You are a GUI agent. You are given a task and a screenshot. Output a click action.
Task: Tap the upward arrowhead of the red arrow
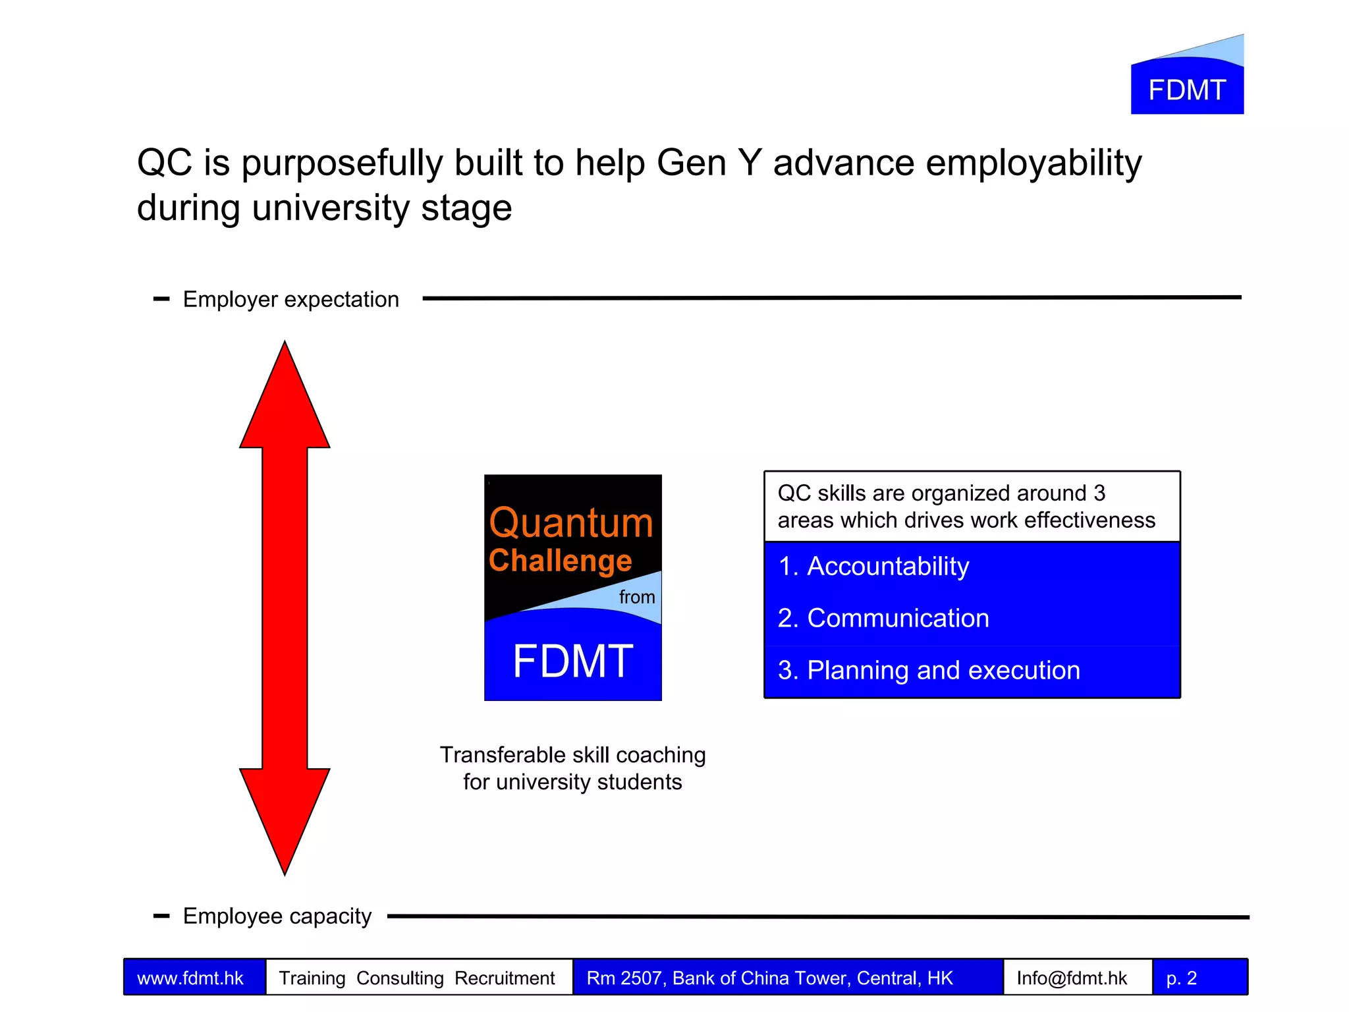point(285,402)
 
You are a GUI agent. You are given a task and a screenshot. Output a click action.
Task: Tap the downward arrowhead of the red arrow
point(285,817)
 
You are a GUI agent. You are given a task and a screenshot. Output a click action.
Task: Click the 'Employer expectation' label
point(290,300)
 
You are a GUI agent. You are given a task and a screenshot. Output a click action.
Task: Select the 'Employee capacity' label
point(277,916)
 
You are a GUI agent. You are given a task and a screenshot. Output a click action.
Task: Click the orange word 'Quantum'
point(570,523)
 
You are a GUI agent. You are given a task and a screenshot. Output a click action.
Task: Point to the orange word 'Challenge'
point(560,561)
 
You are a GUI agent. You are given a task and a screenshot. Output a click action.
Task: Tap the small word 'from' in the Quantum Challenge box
point(636,597)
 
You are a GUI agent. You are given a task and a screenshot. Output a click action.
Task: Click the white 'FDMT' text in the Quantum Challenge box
point(573,661)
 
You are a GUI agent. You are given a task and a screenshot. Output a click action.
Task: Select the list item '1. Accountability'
point(873,567)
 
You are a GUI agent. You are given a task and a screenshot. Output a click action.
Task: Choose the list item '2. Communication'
point(883,619)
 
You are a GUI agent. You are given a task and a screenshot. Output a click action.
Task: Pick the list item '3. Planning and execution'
point(929,671)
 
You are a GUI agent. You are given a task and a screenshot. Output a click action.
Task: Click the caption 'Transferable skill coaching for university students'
point(572,768)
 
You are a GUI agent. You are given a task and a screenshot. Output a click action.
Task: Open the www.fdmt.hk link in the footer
point(190,978)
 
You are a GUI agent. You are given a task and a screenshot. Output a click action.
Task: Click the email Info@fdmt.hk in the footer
point(1072,978)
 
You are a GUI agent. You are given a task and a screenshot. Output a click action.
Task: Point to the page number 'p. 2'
point(1181,978)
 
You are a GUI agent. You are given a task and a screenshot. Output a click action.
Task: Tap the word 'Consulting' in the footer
point(400,978)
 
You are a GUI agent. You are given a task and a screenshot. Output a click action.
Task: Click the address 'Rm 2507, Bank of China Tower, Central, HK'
point(769,978)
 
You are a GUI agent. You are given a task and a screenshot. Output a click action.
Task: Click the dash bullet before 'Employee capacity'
point(161,916)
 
